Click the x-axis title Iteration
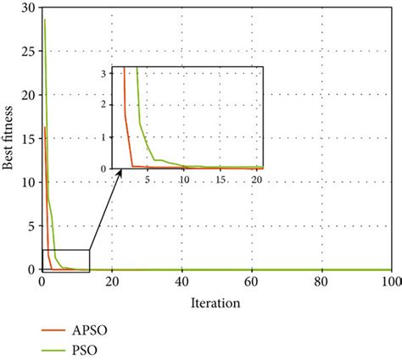click(215, 302)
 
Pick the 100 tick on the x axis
click(390, 282)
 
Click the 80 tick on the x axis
click(321, 282)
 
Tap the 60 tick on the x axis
click(252, 282)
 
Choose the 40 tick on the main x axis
click(182, 282)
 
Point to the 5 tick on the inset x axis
click(148, 180)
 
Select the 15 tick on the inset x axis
click(220, 180)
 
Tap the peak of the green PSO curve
click(44, 19)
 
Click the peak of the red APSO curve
click(44, 127)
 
